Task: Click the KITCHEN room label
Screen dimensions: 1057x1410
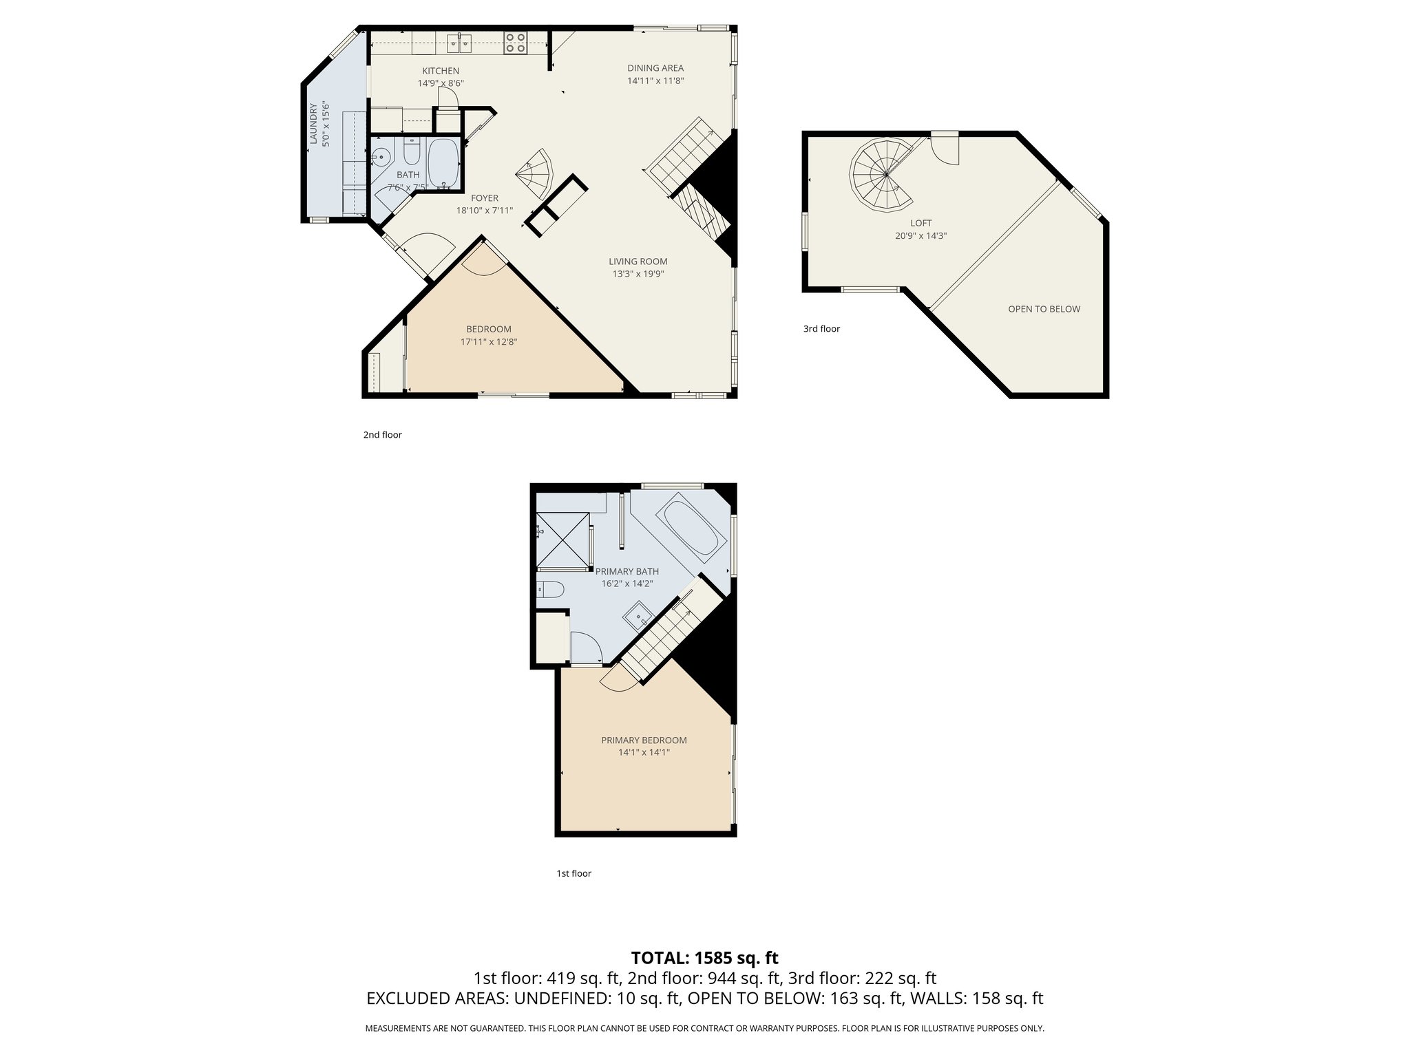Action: coord(441,71)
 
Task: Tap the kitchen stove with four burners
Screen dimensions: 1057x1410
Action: coord(516,43)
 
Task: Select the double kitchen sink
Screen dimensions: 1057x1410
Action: coord(460,43)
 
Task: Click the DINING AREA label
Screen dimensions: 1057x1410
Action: coord(655,68)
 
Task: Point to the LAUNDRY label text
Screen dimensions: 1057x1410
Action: coord(313,124)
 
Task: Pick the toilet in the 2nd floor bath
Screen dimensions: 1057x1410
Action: coord(412,149)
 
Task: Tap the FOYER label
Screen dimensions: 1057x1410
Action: coord(485,198)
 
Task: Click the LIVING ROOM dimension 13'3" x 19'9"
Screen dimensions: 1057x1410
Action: coord(638,274)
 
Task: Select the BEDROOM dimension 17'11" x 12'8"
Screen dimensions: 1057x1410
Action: coord(489,341)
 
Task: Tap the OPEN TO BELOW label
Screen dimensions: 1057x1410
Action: coord(1044,309)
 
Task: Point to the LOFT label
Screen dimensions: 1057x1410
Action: coord(920,223)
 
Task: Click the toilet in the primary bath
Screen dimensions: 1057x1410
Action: coord(550,589)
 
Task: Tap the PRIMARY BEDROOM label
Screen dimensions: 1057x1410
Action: coord(644,740)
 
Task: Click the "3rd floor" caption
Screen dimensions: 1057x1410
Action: coord(821,329)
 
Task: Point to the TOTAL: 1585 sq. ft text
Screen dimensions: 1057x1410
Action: coord(704,958)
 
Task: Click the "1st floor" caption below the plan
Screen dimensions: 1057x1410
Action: coord(574,873)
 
